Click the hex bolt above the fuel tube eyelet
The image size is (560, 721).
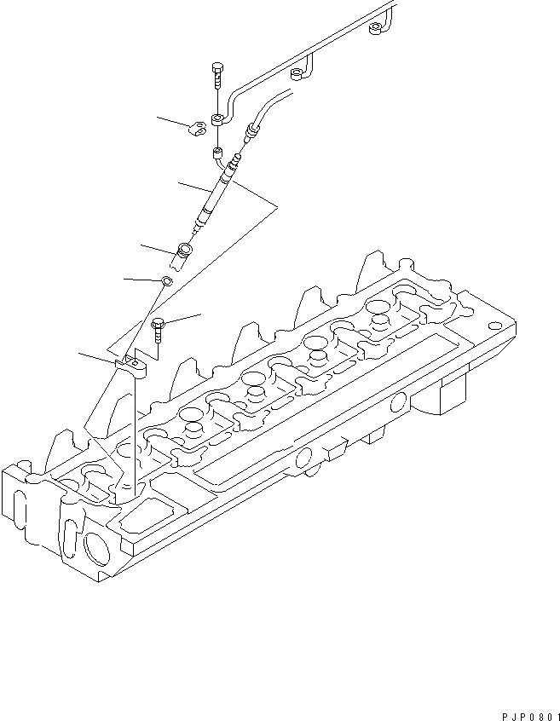point(216,76)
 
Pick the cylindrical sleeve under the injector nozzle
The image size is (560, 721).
point(185,253)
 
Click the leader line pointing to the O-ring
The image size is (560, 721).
point(141,278)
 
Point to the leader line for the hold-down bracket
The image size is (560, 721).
point(95,357)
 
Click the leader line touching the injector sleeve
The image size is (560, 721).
point(159,248)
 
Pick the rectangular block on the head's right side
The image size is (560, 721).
point(451,397)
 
